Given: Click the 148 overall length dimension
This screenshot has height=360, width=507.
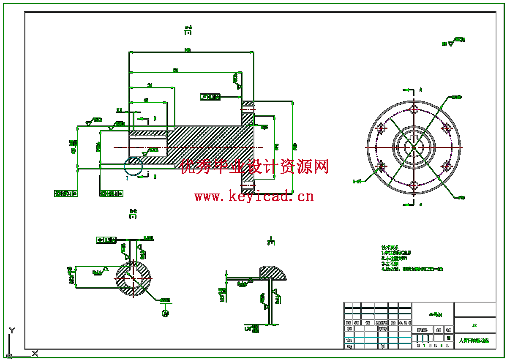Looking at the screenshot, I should [x=188, y=50].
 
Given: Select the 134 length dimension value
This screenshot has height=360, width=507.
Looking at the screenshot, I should [x=175, y=70].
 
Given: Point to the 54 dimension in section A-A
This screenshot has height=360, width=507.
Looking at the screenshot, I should [x=150, y=85].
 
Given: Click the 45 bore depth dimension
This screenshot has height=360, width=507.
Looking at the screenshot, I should [x=146, y=100].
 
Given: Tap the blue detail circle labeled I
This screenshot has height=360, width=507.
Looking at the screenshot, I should [x=134, y=166].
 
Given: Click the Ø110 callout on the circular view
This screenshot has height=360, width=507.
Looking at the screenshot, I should [x=456, y=97].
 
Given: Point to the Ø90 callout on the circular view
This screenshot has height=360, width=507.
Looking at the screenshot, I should [x=461, y=197].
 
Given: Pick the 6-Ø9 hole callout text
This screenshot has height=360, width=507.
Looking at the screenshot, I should [x=357, y=181].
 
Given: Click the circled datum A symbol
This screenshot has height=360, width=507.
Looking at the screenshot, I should [x=165, y=313].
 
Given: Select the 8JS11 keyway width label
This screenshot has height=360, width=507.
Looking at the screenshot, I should [x=148, y=238].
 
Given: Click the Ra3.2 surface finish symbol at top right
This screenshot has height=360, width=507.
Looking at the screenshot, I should [x=459, y=40].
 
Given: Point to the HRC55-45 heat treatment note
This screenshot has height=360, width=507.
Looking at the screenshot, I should [x=422, y=269].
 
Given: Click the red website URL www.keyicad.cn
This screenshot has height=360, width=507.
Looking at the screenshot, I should [x=254, y=196].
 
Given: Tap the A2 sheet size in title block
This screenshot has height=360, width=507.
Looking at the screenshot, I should [x=474, y=325].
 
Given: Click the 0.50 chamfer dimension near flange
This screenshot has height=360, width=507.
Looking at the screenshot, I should [x=264, y=127].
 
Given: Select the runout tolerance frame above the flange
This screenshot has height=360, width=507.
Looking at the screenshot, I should [x=210, y=97].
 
